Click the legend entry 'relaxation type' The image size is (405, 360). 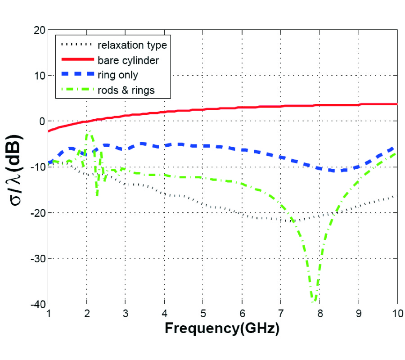(132, 45)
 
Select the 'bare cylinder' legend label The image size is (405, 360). (128, 60)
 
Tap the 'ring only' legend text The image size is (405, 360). (118, 75)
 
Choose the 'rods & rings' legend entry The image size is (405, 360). (126, 90)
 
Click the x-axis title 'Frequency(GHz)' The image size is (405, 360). (222, 328)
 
